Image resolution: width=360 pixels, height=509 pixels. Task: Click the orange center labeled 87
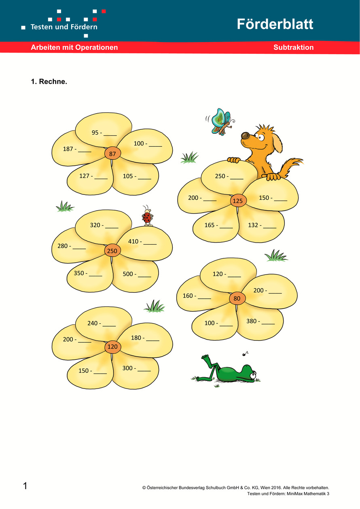[x=112, y=154]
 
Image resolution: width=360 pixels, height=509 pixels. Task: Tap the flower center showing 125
[x=238, y=201]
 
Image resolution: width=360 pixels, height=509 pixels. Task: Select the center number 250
[x=112, y=251]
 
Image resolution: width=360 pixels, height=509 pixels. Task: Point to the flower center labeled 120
[x=112, y=347]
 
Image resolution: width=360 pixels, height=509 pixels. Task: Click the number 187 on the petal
[x=68, y=149]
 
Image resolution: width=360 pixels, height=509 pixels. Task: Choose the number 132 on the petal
[x=254, y=225]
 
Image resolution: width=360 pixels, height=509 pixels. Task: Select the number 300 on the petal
[x=128, y=368]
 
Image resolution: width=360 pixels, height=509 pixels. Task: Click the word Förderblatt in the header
[x=275, y=24]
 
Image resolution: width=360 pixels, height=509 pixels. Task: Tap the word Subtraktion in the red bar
[x=293, y=47]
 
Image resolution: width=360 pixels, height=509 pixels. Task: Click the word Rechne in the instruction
[x=53, y=82]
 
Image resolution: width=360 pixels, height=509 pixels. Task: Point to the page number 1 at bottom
[x=25, y=486]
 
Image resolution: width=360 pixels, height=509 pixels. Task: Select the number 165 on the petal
[x=210, y=225]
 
